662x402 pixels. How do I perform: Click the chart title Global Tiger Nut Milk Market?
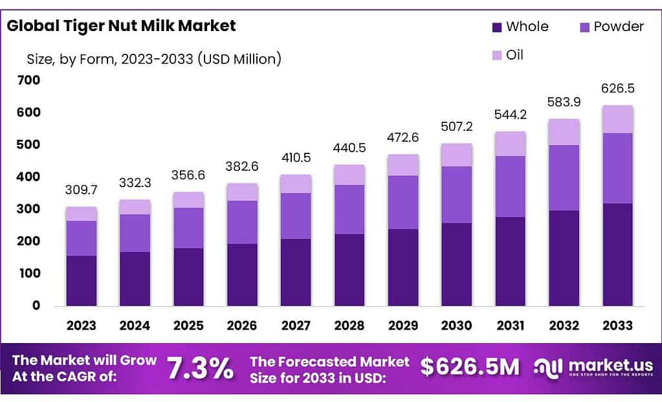click(121, 26)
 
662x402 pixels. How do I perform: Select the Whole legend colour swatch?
click(497, 27)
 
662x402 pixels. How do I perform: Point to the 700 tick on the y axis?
click(30, 80)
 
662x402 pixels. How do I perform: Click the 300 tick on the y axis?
click(30, 209)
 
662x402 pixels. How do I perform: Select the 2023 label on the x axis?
click(81, 324)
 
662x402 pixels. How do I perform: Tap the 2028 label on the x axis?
click(349, 324)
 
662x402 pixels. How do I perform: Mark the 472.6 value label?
click(403, 138)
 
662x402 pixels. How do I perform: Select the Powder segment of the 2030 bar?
click(456, 194)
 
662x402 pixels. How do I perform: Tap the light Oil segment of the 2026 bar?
click(242, 192)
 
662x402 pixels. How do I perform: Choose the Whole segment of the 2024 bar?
click(135, 278)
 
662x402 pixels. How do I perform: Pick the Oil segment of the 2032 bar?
click(564, 131)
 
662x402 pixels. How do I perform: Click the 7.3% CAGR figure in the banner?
click(200, 368)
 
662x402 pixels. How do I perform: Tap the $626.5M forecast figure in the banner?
click(470, 367)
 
